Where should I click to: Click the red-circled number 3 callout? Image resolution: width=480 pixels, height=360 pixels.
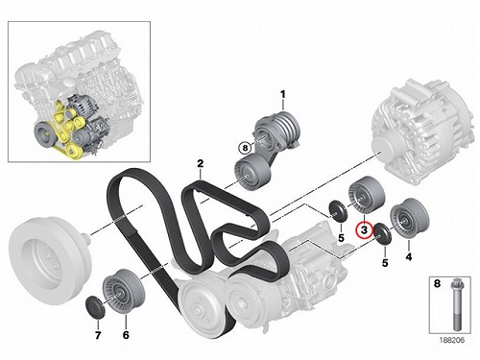[x=365, y=230]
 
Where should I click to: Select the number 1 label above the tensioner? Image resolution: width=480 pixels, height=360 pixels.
[x=282, y=94]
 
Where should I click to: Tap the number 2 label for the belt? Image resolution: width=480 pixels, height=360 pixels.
[x=200, y=164]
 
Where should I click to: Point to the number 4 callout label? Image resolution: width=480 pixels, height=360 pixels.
[x=409, y=256]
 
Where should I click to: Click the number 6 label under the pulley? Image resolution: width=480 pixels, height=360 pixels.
[x=126, y=335]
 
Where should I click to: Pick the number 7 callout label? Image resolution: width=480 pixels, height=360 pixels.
[x=98, y=335]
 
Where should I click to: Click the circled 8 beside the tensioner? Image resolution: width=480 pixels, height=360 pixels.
[x=245, y=148]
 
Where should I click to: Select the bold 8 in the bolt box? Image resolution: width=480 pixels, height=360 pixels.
[x=437, y=283]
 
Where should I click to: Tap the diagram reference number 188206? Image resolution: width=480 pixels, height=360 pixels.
[x=451, y=340]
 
